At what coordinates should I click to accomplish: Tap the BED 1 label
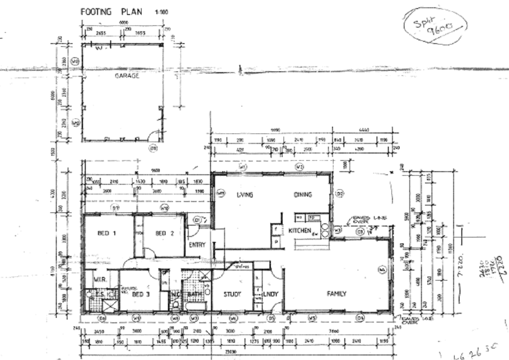(x=107, y=233)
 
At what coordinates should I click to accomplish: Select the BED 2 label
(x=165, y=233)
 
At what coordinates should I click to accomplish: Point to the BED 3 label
(x=141, y=294)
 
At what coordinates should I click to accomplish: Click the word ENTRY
(x=196, y=245)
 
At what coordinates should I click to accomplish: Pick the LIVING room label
(x=244, y=195)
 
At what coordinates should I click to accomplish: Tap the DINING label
(x=303, y=195)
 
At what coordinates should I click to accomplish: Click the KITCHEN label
(x=299, y=231)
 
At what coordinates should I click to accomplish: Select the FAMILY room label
(x=337, y=294)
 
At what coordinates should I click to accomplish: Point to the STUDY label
(x=231, y=294)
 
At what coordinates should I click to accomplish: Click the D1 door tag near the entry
(x=197, y=220)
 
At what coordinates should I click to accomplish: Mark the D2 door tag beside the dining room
(x=339, y=194)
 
